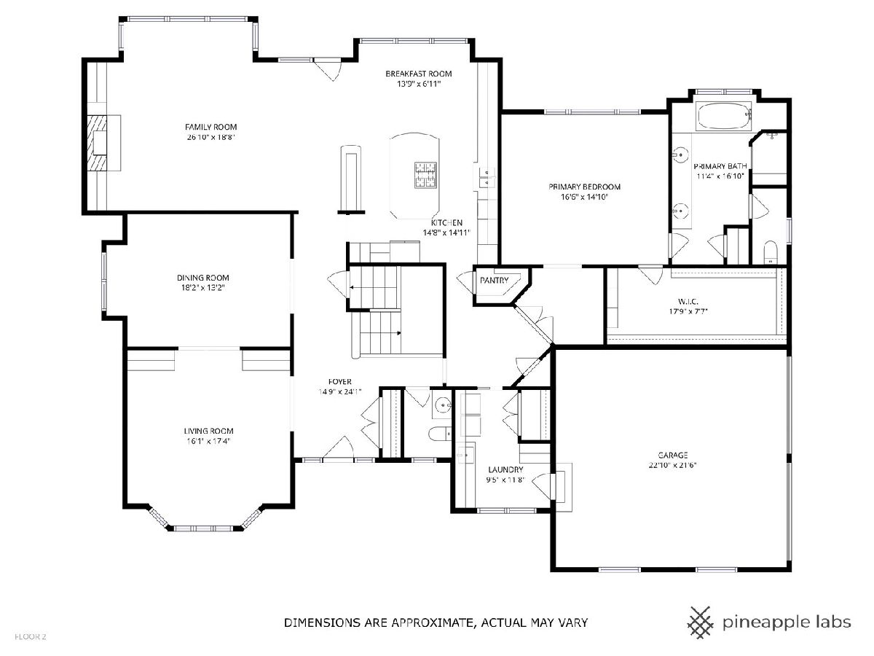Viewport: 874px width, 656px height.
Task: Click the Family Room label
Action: (210, 127)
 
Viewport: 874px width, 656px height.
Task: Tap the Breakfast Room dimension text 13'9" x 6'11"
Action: (419, 84)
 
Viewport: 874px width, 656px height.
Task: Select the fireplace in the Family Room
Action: (100, 143)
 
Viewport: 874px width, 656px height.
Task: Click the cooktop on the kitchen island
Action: (425, 174)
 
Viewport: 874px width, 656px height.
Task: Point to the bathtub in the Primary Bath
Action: (723, 117)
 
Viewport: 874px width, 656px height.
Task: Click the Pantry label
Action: (494, 281)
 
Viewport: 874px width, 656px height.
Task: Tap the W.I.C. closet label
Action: (688, 302)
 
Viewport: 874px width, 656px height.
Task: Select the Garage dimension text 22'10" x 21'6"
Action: (673, 465)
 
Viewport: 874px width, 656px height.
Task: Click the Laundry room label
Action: (505, 469)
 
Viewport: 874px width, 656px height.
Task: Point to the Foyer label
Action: (339, 381)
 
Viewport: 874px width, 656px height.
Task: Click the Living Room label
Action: (208, 431)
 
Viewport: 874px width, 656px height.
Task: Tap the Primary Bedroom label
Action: (585, 187)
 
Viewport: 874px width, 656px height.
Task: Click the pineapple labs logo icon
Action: (701, 622)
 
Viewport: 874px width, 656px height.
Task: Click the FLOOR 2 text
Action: (31, 637)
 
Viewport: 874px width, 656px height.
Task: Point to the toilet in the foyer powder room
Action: (440, 434)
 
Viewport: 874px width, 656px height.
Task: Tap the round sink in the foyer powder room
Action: (442, 406)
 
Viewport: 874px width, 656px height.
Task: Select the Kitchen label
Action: (446, 222)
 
